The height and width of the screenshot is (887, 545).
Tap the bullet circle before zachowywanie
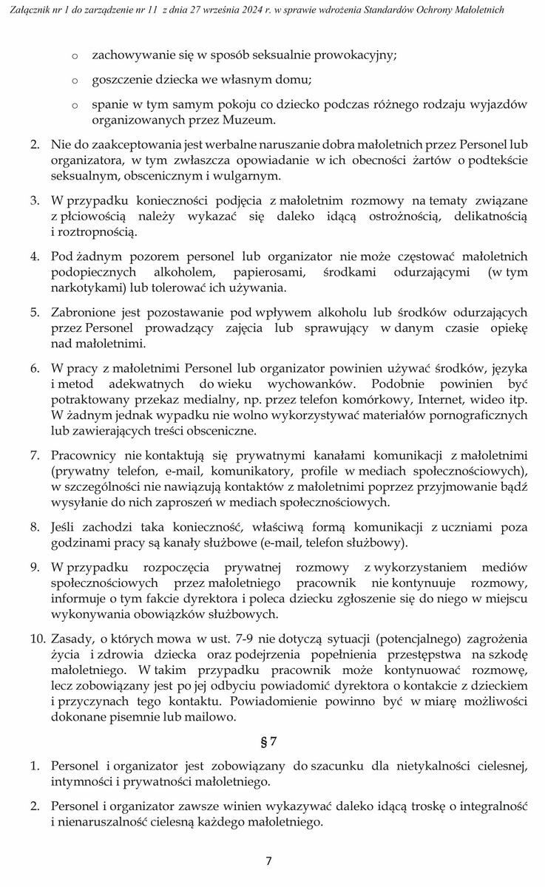pyautogui.click(x=75, y=56)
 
